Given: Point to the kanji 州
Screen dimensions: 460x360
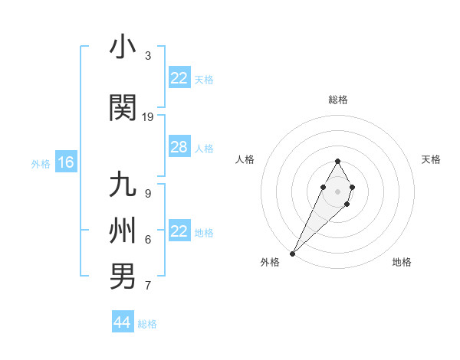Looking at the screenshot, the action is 123,231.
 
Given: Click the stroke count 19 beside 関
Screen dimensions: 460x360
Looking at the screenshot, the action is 148,117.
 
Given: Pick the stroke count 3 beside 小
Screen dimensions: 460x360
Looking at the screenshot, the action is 148,56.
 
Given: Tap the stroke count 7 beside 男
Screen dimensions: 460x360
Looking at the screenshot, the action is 148,286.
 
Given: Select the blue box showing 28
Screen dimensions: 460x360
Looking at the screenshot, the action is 179,147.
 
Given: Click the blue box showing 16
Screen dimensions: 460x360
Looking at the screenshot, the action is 65,162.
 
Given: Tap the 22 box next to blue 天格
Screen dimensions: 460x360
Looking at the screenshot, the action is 179,78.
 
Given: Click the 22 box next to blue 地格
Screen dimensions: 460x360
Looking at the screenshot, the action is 179,231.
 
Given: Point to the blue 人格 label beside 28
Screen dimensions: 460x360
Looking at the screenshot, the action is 204,148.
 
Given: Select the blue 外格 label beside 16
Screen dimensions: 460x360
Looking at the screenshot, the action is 41,163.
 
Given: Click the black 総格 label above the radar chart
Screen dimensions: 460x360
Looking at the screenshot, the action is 338,100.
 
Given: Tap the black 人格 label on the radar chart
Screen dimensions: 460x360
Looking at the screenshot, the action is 245,159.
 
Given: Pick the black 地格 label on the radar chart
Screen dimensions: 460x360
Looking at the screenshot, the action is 402,263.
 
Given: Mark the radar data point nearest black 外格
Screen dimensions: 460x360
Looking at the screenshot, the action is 293,253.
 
